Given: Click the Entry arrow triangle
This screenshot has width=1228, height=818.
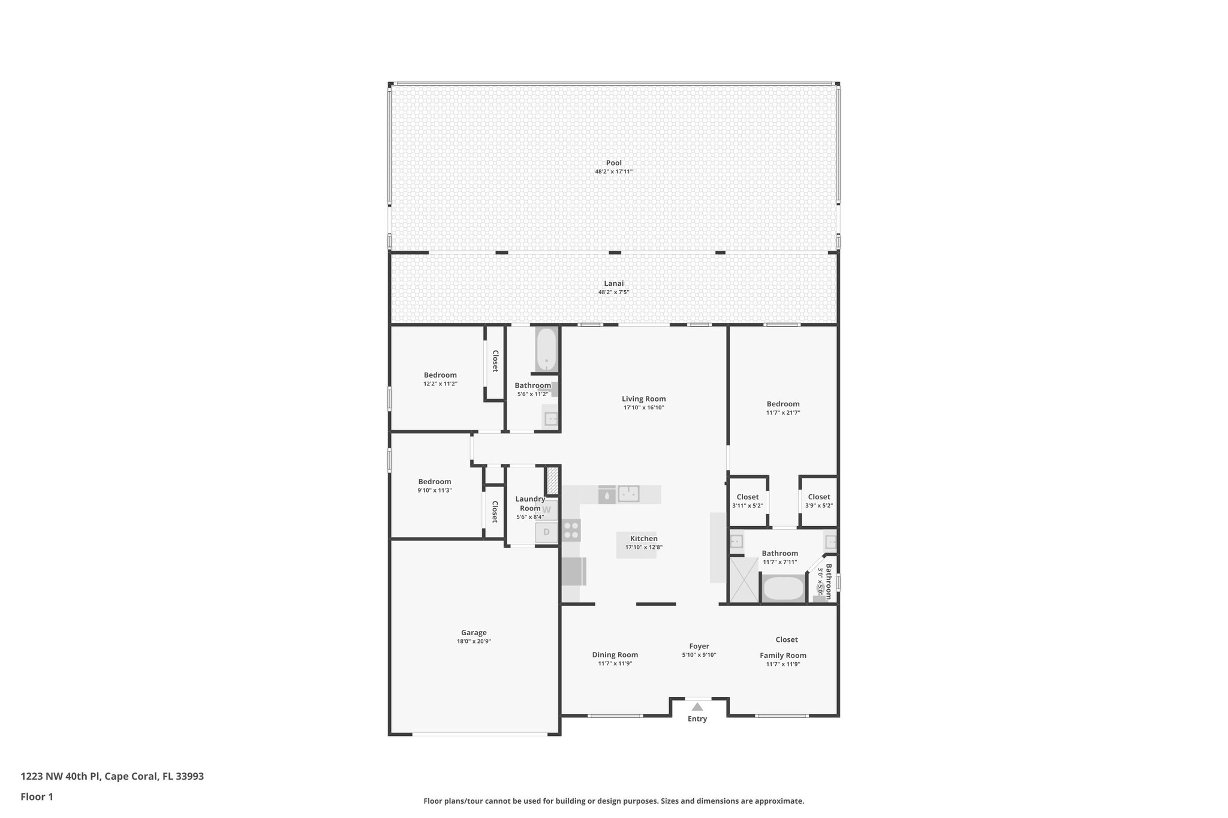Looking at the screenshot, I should (x=697, y=707).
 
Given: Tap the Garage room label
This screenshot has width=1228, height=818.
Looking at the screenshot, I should (x=474, y=632).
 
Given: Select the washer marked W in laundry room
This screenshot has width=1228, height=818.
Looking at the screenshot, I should (x=547, y=510).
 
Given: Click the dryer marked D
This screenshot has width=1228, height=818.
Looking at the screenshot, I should (x=546, y=532).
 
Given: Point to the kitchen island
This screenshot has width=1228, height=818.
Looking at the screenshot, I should (x=636, y=545).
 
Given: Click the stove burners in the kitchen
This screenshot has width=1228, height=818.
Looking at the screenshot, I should (x=571, y=530).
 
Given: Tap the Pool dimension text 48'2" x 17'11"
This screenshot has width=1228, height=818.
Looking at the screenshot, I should (x=613, y=172).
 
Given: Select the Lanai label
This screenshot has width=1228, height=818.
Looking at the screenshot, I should (x=613, y=283).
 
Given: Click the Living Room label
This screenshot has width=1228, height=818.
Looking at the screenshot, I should (x=643, y=399).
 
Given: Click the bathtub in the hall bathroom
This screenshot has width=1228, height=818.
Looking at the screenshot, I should (x=546, y=350).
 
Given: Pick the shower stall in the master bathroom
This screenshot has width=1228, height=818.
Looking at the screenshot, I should (x=744, y=579).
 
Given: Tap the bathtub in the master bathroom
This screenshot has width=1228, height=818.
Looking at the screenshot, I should (x=783, y=588).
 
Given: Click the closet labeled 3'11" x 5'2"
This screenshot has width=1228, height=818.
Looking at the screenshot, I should (x=747, y=501).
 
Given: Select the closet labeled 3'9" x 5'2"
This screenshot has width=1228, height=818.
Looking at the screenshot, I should (x=818, y=501).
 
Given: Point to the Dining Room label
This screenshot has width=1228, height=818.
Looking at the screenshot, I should (x=615, y=654).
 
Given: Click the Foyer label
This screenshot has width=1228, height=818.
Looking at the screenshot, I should (x=699, y=646).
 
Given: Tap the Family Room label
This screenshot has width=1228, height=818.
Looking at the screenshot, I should (x=782, y=655).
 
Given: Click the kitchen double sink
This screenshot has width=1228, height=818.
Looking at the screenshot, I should (x=628, y=494).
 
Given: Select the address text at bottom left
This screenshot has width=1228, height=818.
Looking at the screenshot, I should (x=112, y=777).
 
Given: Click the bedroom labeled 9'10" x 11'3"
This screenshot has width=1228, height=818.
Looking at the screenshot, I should (x=435, y=485).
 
